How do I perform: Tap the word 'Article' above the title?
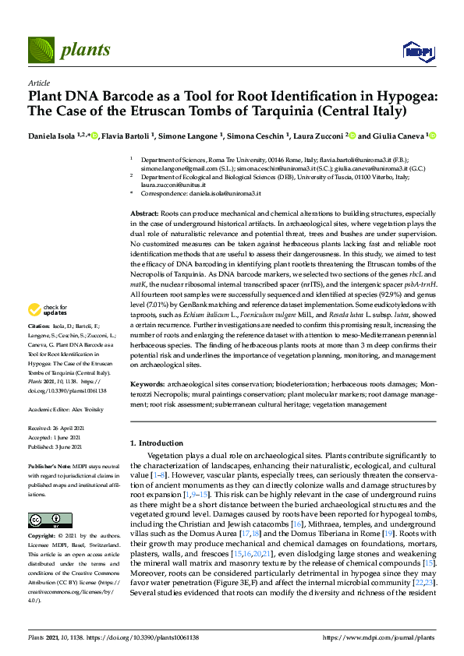pyautogui.click(x=38, y=82)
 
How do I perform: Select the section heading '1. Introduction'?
pyautogui.click(x=161, y=442)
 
